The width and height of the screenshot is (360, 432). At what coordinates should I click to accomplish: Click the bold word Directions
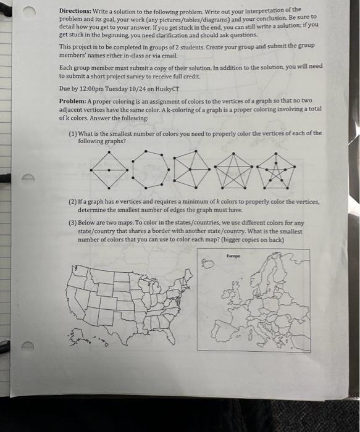coord(75,12)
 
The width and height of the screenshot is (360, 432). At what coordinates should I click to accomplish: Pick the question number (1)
coord(73,133)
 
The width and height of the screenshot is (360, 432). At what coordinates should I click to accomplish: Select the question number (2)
coord(73,202)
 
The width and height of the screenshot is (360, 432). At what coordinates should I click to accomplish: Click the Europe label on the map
coord(232,254)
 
